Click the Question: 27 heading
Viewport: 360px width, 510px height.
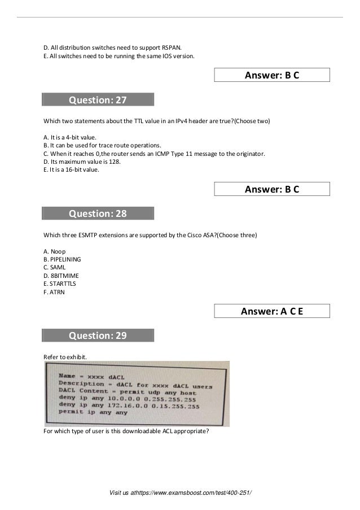98,101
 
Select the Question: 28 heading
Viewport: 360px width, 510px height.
98,213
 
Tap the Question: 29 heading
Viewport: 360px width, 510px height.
98,335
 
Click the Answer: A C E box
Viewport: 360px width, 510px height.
271,311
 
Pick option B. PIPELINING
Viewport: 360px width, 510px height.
62,259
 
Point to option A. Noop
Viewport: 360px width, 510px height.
55,251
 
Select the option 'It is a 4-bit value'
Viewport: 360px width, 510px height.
70,137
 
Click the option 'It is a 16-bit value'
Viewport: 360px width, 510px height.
71,169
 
